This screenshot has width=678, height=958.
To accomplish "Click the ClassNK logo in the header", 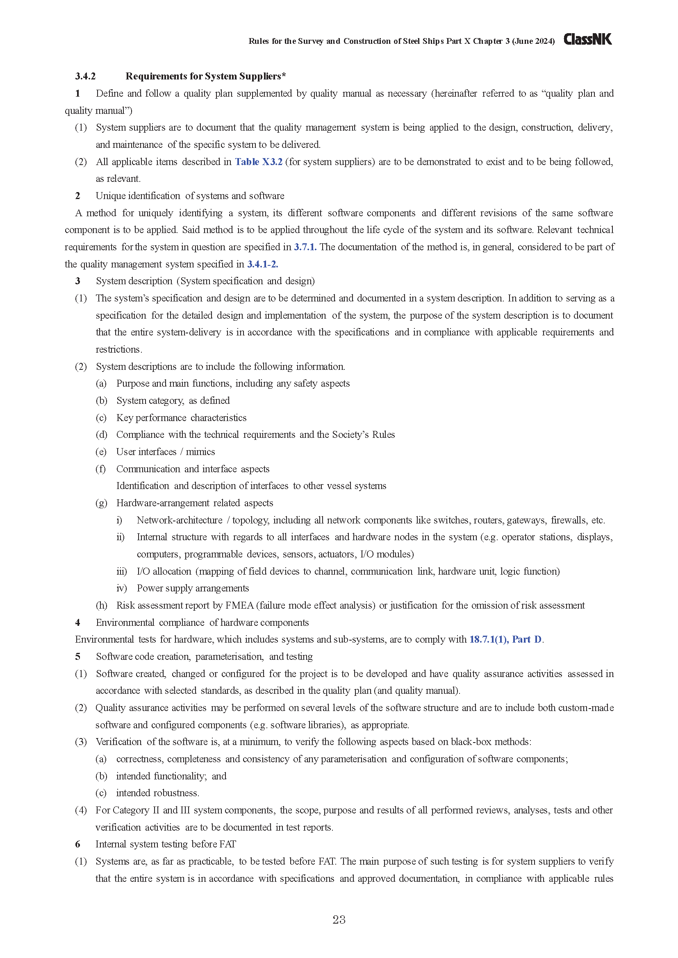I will (587, 39).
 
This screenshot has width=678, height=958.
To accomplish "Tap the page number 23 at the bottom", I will (339, 919).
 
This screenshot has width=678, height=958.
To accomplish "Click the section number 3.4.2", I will (85, 76).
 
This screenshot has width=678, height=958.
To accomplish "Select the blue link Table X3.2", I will (258, 162).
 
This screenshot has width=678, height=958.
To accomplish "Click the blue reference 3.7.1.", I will (305, 247).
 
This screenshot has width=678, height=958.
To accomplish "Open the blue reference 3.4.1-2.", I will (262, 264).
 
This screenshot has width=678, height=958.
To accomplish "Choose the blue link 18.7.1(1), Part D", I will (505, 639).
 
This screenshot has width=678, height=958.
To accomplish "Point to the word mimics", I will (200, 452).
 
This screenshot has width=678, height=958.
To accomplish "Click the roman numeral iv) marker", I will (121, 588).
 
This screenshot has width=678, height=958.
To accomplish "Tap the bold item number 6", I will (77, 844).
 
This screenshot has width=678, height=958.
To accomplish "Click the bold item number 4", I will (77, 623).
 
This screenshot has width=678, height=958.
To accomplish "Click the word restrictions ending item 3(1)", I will (118, 350).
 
